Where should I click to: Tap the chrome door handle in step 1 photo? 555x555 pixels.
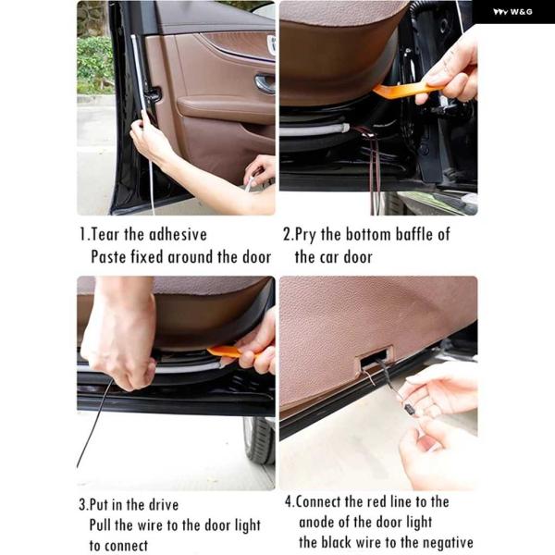click(265, 84)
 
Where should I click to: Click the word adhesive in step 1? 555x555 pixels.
click(178, 235)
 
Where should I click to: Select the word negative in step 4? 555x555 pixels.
click(448, 543)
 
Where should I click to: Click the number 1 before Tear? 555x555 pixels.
click(82, 235)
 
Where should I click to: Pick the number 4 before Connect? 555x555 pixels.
click(289, 502)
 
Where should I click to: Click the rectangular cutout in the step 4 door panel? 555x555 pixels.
click(376, 358)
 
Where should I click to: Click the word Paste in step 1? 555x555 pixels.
click(108, 257)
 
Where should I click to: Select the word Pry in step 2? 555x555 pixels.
click(305, 236)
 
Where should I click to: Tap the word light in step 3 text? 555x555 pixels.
click(248, 526)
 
